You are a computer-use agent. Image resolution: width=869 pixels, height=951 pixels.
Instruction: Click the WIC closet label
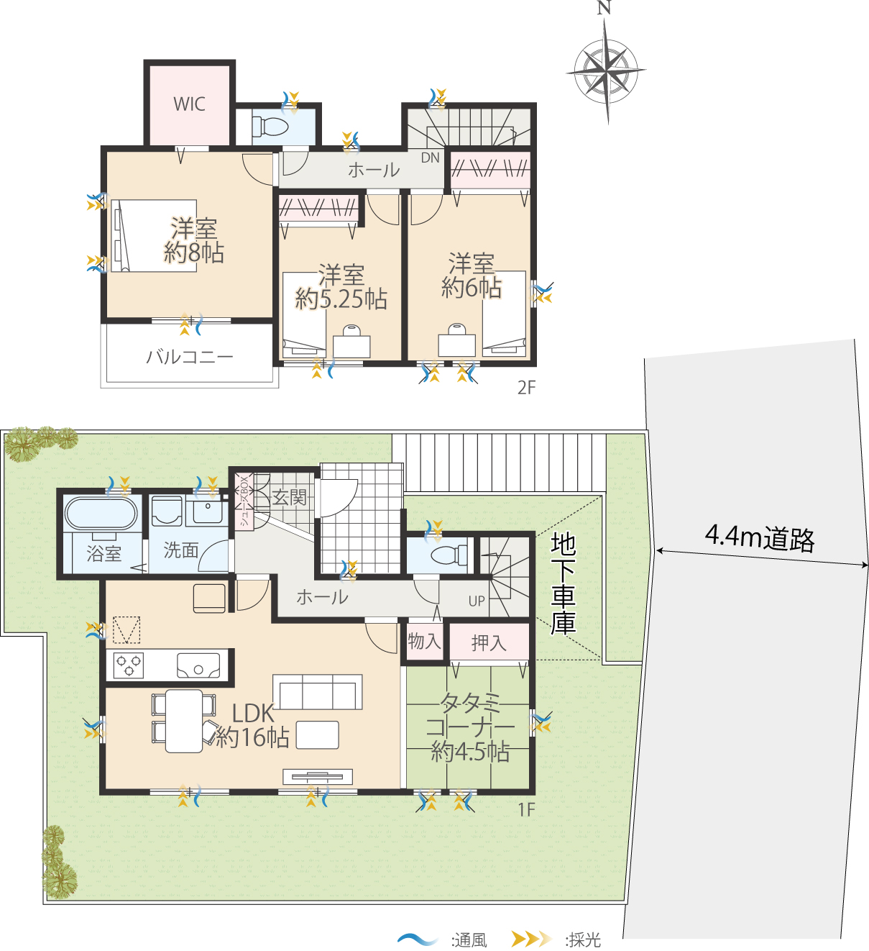(190, 104)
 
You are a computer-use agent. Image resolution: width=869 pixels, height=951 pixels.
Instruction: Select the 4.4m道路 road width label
(760, 539)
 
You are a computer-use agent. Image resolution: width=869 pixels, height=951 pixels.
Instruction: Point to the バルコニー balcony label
(190, 356)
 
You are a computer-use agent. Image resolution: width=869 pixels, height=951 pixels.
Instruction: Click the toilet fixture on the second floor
(270, 126)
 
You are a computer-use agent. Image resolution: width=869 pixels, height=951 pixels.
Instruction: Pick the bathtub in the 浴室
(101, 512)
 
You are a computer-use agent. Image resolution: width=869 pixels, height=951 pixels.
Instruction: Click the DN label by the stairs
(431, 158)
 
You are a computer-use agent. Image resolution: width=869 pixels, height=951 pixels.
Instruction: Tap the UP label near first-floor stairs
(477, 601)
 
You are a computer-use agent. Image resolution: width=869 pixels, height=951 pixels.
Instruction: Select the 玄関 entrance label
(289, 497)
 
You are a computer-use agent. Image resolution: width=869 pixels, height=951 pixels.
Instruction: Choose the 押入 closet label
(489, 643)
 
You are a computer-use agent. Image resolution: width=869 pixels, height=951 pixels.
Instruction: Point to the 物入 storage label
(424, 641)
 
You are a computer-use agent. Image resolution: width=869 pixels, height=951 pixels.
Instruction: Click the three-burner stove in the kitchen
(129, 665)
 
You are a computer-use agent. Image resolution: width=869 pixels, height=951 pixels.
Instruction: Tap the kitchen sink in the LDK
(198, 665)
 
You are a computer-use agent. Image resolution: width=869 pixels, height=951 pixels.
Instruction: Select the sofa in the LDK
(318, 692)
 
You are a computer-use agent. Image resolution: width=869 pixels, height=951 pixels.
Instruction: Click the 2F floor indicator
(526, 387)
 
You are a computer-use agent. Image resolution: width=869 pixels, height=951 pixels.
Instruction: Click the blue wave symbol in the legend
(418, 939)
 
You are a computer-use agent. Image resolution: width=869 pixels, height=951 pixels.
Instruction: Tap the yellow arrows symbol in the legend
(531, 939)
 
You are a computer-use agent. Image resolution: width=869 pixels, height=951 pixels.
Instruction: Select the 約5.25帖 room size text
(341, 299)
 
